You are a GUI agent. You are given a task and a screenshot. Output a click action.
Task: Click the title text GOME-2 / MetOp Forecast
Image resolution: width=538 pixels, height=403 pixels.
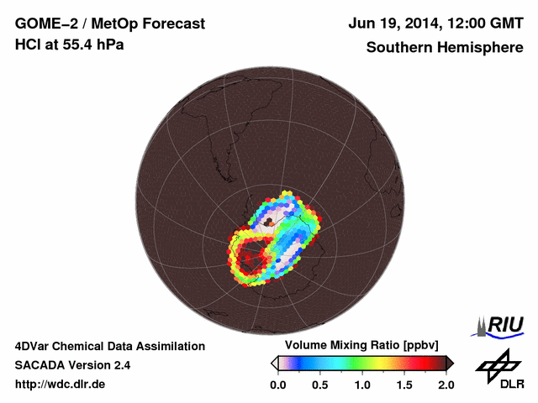coord(110,24)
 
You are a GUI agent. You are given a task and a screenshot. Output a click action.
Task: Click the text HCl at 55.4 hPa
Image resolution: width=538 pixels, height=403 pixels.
coord(70,44)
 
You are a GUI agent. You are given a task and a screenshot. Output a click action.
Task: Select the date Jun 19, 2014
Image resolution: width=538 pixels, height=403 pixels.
coord(394,24)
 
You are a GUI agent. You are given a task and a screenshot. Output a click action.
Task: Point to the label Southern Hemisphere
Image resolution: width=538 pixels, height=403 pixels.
coord(445,47)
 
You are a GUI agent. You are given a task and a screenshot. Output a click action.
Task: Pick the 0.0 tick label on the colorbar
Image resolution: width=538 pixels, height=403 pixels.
coord(277,385)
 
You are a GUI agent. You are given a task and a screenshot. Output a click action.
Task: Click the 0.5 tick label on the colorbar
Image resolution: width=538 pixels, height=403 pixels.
coord(319,385)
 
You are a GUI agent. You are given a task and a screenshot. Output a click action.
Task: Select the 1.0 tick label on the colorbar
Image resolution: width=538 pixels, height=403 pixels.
coord(361,385)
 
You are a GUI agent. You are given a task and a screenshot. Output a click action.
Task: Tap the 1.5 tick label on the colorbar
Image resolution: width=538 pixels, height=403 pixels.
coord(403,385)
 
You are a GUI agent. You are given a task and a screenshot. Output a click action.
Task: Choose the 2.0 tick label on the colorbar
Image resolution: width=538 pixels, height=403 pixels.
coord(446,385)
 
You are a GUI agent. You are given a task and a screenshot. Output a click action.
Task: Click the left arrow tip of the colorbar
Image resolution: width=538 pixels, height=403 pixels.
coord(273,363)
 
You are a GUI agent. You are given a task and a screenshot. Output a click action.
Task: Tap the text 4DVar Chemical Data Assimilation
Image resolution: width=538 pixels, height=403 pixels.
coord(110,346)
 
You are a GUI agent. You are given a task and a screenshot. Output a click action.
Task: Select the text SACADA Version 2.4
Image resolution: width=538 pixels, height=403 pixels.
coord(73,365)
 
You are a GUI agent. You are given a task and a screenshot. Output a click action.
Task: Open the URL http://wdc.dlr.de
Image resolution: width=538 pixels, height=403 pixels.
coord(61,385)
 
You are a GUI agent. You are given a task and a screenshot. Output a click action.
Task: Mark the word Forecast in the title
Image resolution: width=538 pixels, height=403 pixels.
coord(176,24)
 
